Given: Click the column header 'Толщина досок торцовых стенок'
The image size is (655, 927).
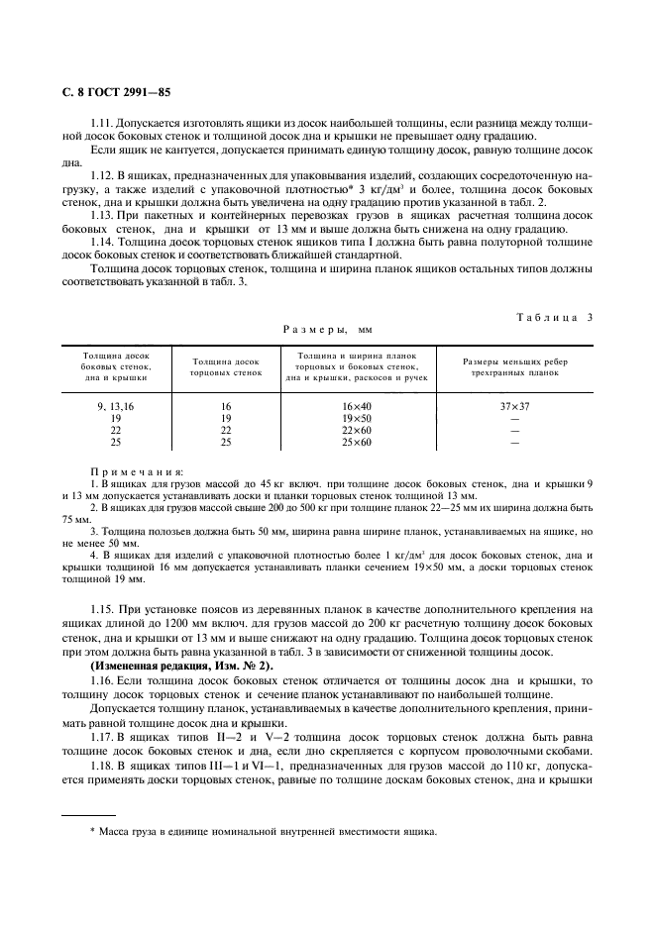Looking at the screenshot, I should tap(226, 368).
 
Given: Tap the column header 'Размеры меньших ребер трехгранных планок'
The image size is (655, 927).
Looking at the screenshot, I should tap(514, 368).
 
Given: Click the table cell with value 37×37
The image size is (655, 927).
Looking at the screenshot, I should tap(514, 406).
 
